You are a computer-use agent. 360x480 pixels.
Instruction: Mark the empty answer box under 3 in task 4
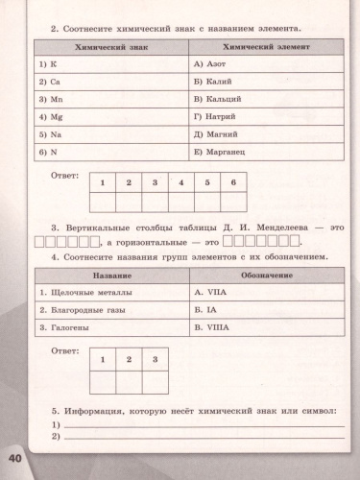coord(155,377)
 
